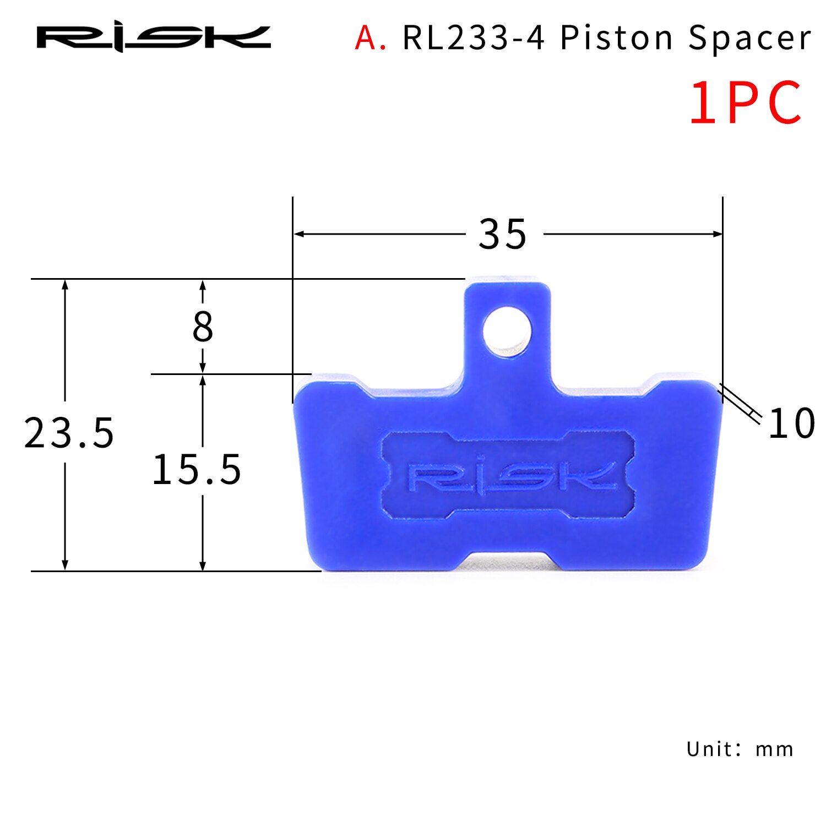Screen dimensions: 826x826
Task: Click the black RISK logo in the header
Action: pyautogui.click(x=154, y=39)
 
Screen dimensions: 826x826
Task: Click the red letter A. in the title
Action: pyautogui.click(x=370, y=39)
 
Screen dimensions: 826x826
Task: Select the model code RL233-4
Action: pyautogui.click(x=474, y=39)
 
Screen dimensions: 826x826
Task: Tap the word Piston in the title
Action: pyautogui.click(x=617, y=39)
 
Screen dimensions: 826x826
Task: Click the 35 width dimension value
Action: pyautogui.click(x=502, y=235)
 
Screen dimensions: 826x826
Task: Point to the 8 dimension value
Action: pyautogui.click(x=203, y=327)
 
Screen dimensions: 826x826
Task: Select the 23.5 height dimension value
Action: pyautogui.click(x=69, y=433)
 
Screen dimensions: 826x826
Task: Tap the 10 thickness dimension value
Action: pyautogui.click(x=791, y=423)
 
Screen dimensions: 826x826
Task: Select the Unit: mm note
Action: pyautogui.click(x=740, y=749)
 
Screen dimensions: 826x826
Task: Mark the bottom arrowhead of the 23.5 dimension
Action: pyautogui.click(x=65, y=566)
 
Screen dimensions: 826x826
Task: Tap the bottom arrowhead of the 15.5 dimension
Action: pyautogui.click(x=203, y=566)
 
